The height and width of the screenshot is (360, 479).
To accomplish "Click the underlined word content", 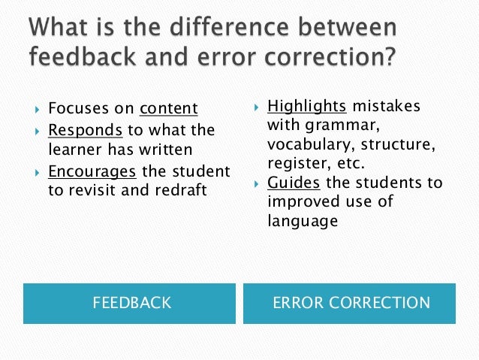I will click(168, 110).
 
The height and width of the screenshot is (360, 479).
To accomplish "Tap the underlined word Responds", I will click(85, 130).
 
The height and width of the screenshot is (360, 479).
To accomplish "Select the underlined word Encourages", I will click(92, 171).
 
